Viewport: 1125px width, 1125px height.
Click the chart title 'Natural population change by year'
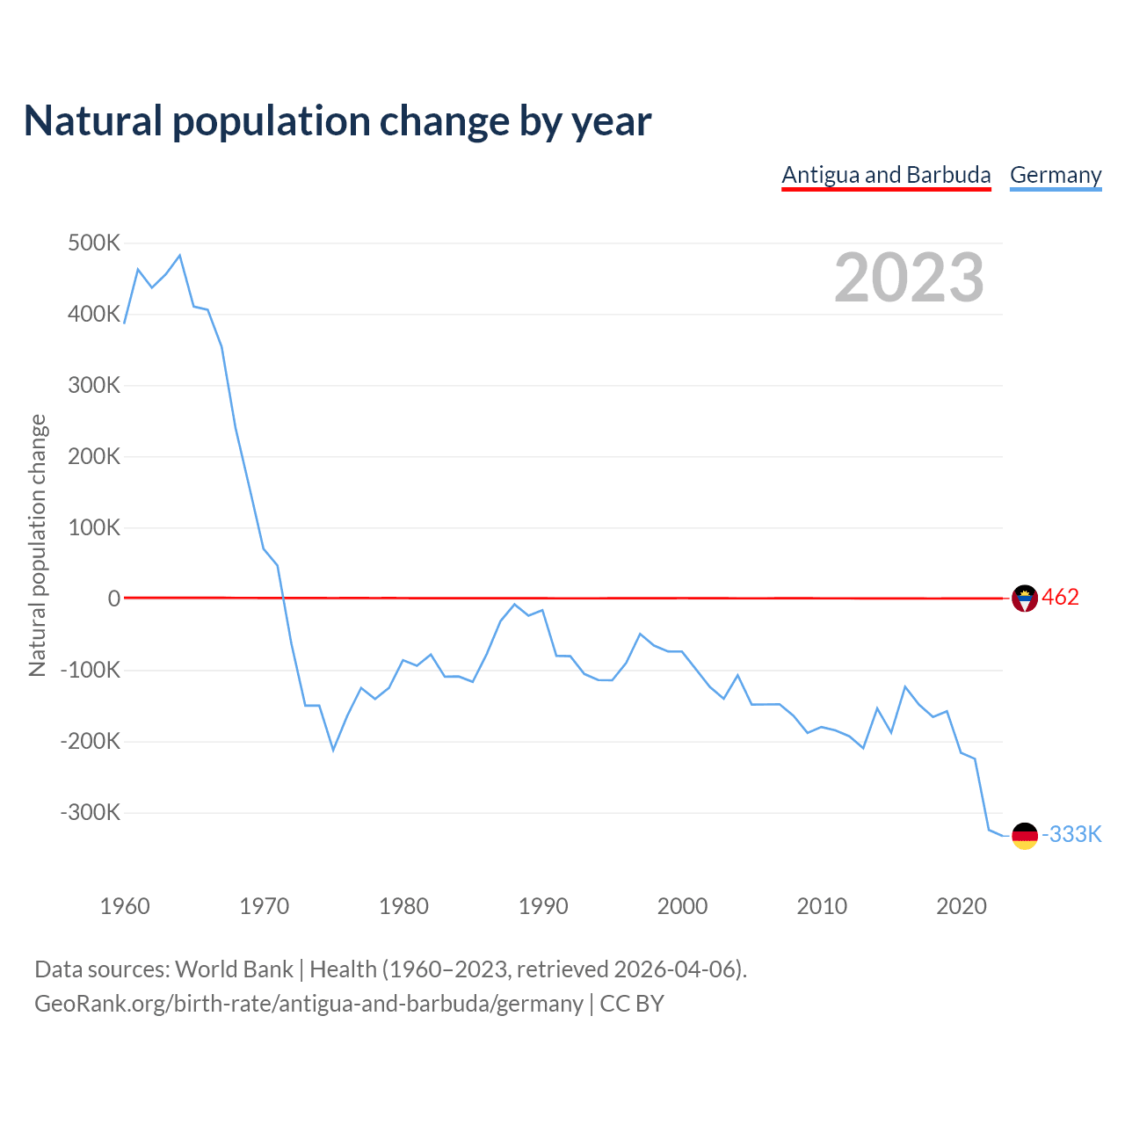337,121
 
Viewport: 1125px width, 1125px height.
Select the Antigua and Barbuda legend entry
886,175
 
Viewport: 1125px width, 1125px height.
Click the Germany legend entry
1056,175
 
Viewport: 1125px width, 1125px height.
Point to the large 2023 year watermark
909,278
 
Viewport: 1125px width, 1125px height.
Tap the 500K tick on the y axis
93,243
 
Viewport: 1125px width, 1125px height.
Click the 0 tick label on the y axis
114,599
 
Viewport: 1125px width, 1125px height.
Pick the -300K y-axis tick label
90,812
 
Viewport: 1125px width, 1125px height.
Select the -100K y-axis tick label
90,670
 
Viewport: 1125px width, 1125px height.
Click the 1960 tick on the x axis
125,906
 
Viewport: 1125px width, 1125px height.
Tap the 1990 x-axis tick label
543,906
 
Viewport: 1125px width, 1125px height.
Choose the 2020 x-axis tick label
962,906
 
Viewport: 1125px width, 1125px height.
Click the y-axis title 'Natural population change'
37,546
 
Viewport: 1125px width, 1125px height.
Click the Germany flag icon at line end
1025,836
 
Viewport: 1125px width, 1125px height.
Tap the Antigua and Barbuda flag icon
1025,599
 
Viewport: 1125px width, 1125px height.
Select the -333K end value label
1071,834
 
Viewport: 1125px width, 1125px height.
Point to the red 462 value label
1060,598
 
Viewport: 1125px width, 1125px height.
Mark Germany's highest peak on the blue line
179,256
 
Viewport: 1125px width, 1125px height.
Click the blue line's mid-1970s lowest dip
333,750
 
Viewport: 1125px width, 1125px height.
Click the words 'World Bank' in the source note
234,969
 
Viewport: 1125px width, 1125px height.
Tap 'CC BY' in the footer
632,1004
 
